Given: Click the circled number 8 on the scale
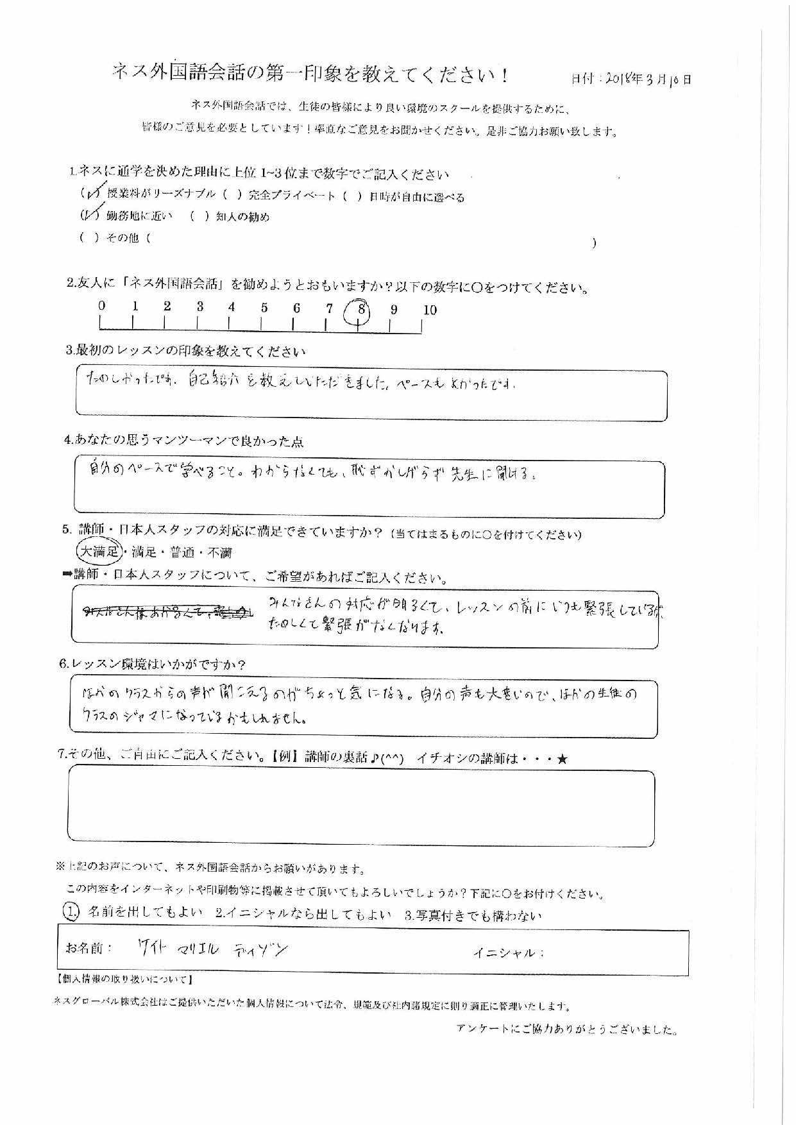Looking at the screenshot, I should pyautogui.click(x=361, y=310).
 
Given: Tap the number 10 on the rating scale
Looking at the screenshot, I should pyautogui.click(x=430, y=310).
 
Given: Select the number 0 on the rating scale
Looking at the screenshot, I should pyautogui.click(x=102, y=307).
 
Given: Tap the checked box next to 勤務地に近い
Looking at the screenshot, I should pyautogui.click(x=89, y=215).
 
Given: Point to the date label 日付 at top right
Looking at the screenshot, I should pyautogui.click(x=583, y=80).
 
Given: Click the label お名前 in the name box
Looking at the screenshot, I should pyautogui.click(x=89, y=948).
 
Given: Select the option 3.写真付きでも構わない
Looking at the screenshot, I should pyautogui.click(x=473, y=915).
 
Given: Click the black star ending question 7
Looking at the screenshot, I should pyautogui.click(x=562, y=759).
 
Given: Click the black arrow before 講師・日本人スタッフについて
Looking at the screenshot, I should pyautogui.click(x=67, y=575).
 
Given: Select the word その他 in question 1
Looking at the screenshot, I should pyautogui.click(x=122, y=238).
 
